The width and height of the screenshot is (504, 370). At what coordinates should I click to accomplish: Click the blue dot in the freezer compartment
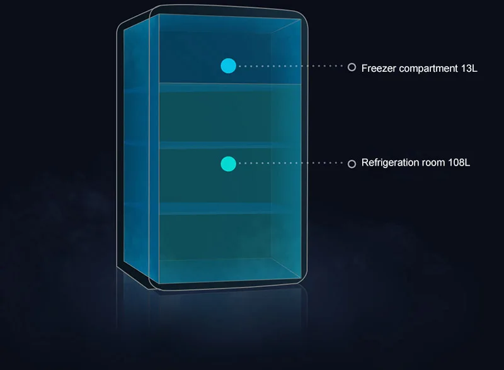[x=229, y=66]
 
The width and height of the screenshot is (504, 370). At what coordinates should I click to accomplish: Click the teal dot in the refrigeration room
[x=229, y=164]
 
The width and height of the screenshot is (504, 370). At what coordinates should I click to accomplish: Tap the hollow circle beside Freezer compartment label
[x=352, y=67]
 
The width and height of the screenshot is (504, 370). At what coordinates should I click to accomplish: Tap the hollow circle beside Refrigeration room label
[x=352, y=164]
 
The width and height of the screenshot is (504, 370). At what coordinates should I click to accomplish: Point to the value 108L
[x=459, y=162]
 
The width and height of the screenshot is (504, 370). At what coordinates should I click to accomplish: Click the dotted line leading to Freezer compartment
[x=291, y=66]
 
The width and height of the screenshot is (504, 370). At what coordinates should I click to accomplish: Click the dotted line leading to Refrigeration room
[x=291, y=163]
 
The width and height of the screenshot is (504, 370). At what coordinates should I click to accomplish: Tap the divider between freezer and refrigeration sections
[x=230, y=87]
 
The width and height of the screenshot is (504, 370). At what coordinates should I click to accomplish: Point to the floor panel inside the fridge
[x=230, y=269]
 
